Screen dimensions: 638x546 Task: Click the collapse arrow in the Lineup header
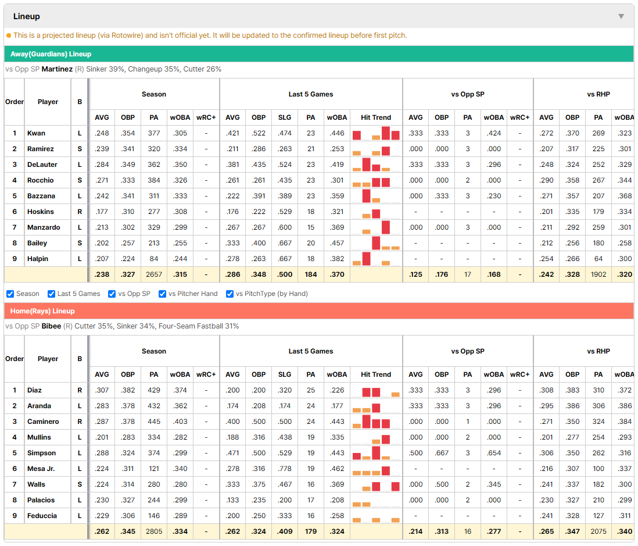(621, 16)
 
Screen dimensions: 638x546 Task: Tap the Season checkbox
(10, 294)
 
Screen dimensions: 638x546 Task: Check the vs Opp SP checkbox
(112, 294)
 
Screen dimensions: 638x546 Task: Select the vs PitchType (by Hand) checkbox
(230, 294)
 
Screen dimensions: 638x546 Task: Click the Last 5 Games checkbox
(51, 294)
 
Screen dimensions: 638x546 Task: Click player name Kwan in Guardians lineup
(36, 133)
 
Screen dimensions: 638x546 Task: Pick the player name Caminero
(43, 422)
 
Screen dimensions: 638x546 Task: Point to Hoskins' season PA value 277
(154, 212)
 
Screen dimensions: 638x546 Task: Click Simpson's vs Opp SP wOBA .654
(494, 453)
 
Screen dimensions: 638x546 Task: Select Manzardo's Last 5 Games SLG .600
(285, 227)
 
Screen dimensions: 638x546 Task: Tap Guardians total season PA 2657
(154, 274)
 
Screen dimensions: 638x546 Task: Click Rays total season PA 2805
(154, 531)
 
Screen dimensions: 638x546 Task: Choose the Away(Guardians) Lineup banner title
(51, 54)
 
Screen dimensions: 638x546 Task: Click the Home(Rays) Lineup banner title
(43, 311)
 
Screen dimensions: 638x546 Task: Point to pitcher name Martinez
(57, 69)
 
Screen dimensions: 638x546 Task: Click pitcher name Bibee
(51, 326)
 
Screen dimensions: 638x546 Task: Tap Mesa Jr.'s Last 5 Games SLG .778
(285, 469)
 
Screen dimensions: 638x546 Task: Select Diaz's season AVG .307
(102, 390)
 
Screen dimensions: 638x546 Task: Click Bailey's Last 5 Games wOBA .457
(337, 243)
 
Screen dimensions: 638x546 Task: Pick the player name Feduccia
(42, 516)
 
